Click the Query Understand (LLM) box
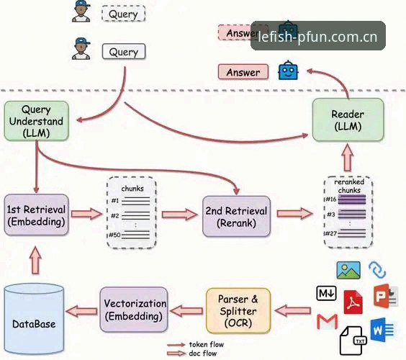36,121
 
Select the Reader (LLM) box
348,120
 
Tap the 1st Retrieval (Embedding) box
36,215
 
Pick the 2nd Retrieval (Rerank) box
236,217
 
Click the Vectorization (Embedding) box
134,310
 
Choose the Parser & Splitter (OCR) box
238,310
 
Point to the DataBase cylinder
34,319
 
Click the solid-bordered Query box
124,52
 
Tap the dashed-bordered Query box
124,14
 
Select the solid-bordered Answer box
243,72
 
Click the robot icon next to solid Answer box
288,71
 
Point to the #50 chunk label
114,235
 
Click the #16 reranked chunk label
331,199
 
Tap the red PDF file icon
353,302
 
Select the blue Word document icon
382,330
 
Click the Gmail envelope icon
328,321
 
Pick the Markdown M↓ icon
327,293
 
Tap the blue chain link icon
377,270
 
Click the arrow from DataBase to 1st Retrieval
35,260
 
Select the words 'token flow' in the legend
207,344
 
